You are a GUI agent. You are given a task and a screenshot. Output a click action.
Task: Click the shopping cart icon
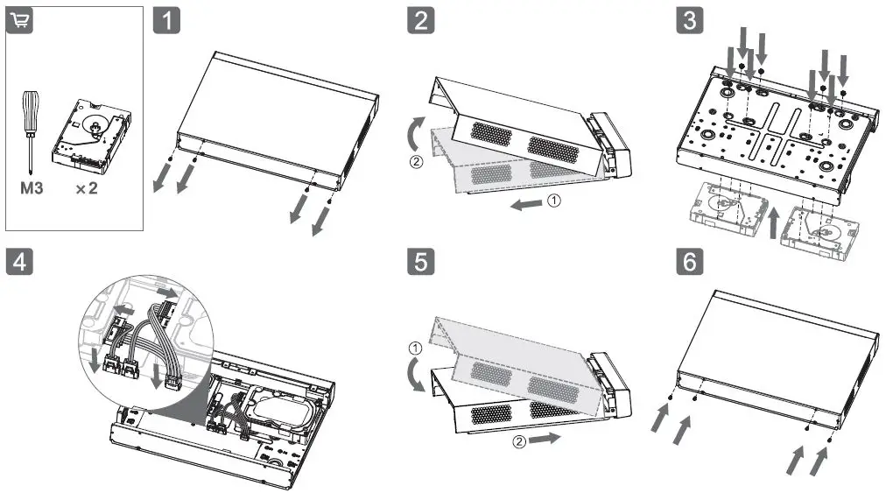[x=19, y=23]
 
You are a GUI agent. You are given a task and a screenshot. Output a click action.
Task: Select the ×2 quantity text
[x=85, y=188]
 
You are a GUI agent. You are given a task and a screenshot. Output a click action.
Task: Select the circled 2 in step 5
[x=519, y=440]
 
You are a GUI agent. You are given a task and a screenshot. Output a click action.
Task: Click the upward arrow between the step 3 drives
[x=773, y=220]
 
